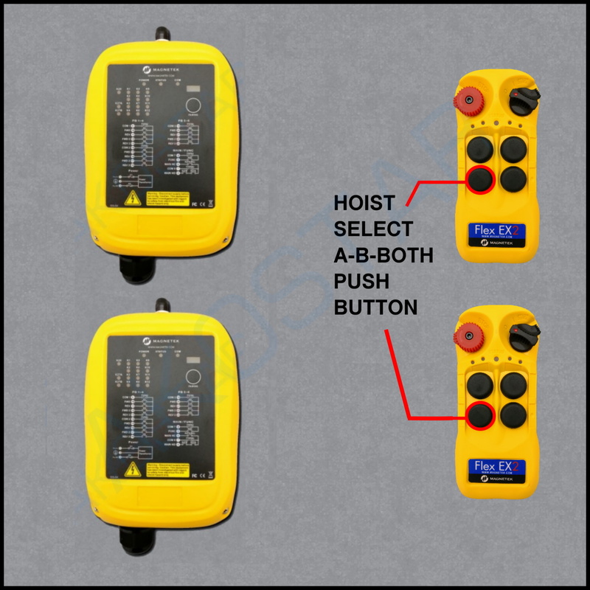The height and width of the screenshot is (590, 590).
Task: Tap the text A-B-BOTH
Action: click(x=383, y=255)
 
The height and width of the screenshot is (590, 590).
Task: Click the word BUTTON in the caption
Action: click(x=376, y=307)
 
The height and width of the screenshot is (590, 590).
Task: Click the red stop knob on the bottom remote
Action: click(x=466, y=336)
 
